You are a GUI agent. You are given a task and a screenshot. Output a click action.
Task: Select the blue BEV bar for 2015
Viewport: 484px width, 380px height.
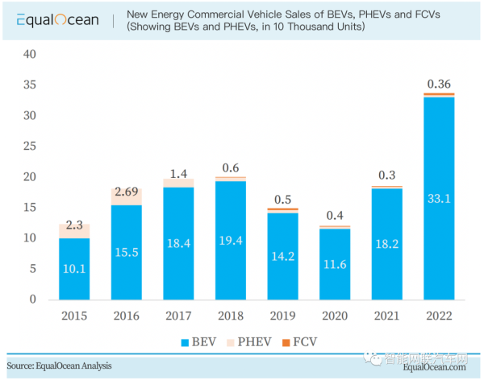(x=75, y=269)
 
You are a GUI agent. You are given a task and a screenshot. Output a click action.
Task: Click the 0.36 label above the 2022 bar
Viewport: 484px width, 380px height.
(x=439, y=83)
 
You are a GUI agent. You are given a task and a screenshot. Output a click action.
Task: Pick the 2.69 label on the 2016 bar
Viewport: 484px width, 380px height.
(x=127, y=192)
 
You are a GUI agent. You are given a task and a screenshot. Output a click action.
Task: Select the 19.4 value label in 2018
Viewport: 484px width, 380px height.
(x=231, y=241)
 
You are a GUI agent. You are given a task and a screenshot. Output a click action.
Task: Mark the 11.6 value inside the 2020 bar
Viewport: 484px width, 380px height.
(x=335, y=263)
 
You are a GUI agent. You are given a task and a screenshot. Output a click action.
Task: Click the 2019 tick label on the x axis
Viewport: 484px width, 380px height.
(x=283, y=316)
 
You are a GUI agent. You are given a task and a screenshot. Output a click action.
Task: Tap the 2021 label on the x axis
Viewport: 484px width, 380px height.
(x=387, y=316)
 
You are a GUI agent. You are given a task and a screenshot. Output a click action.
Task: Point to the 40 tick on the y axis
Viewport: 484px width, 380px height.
(x=31, y=54)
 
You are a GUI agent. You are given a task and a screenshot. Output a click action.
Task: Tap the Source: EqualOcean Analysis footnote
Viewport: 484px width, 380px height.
(x=60, y=366)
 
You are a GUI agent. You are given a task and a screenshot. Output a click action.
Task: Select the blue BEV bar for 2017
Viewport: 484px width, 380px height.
(x=179, y=243)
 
